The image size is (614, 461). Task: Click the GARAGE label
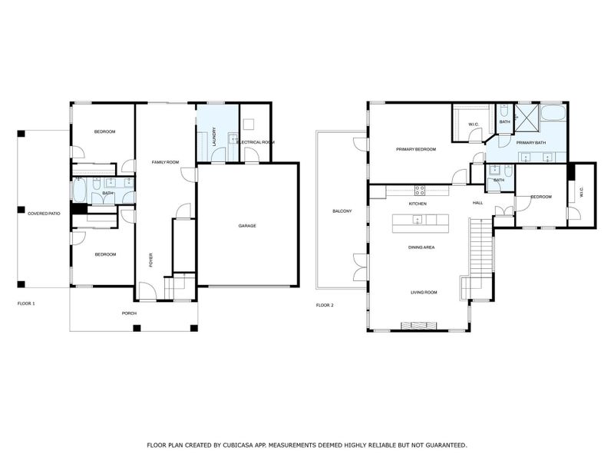pos(246,226)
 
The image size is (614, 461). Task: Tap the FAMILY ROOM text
pos(165,163)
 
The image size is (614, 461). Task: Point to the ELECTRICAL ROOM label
pos(256,143)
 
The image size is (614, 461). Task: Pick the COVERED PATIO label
pos(44,213)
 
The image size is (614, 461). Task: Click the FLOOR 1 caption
pos(26,303)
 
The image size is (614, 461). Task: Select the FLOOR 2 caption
pos(325,305)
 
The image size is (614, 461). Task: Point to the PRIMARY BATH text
pos(530,143)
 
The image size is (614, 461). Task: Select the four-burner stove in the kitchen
pos(420,190)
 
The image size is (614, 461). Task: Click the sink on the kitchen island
pos(417,221)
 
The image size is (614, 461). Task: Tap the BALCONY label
pos(342,211)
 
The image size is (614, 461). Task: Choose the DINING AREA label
pos(421,247)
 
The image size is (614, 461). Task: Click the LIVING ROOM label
pos(424,293)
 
